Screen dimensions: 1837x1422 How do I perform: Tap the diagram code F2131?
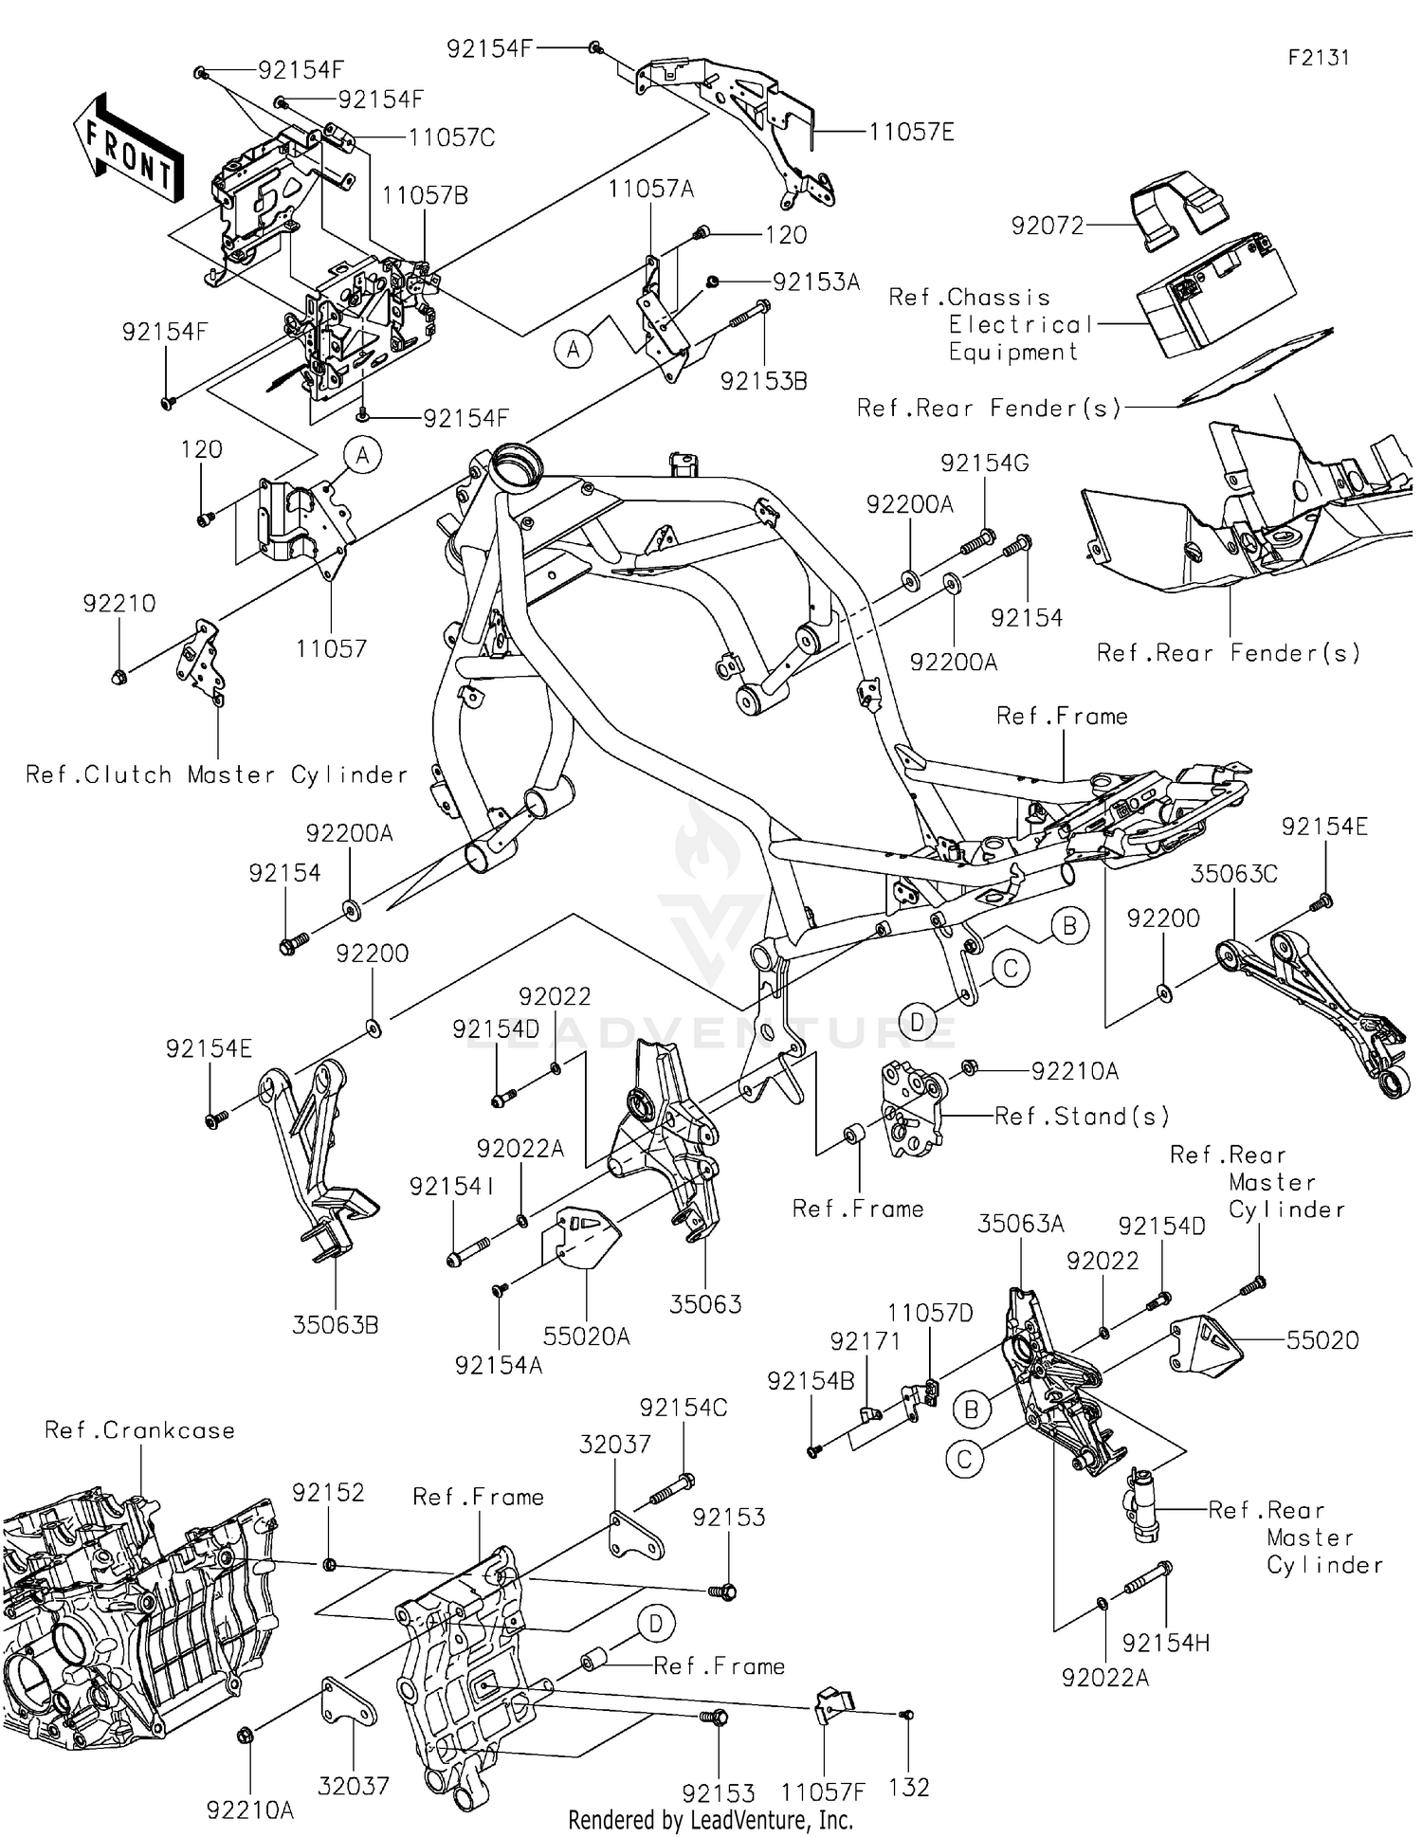[1318, 58]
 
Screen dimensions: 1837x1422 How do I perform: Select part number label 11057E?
[911, 133]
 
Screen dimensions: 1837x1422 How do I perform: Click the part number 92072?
[1047, 226]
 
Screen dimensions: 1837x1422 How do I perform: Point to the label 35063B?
[335, 1324]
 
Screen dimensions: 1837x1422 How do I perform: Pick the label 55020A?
[586, 1336]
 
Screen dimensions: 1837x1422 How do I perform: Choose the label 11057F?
[823, 1792]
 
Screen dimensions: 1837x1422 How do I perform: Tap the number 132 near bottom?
[909, 1787]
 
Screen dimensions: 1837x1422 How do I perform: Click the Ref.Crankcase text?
[139, 1430]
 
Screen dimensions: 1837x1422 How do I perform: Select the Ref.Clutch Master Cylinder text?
[216, 774]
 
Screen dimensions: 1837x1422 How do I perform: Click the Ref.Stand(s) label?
[1082, 1116]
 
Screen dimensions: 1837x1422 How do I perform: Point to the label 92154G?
[984, 463]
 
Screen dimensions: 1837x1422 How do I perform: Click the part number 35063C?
[1233, 873]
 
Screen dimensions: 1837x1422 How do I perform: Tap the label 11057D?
[930, 1313]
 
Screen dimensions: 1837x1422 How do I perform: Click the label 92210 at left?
[118, 603]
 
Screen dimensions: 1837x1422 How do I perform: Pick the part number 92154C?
[683, 1408]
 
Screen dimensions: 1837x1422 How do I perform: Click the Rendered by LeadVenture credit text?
[710, 1820]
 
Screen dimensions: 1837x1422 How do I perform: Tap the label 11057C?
[451, 137]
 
